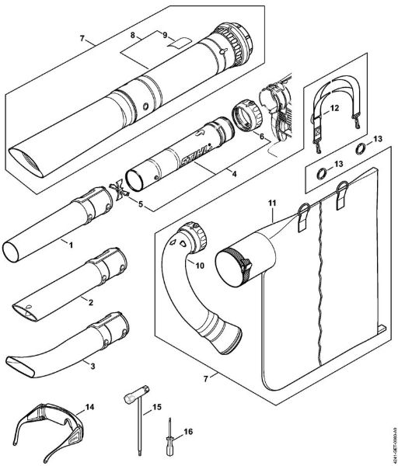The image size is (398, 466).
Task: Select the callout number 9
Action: point(165,35)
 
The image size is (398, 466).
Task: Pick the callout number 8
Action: point(132,35)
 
